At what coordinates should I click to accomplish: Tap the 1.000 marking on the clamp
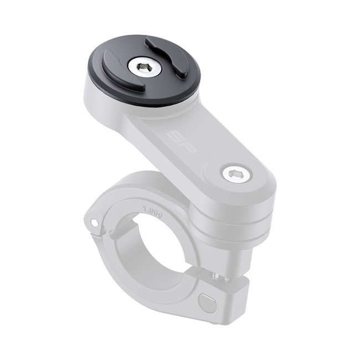(152, 212)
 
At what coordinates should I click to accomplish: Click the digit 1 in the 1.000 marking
(145, 210)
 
